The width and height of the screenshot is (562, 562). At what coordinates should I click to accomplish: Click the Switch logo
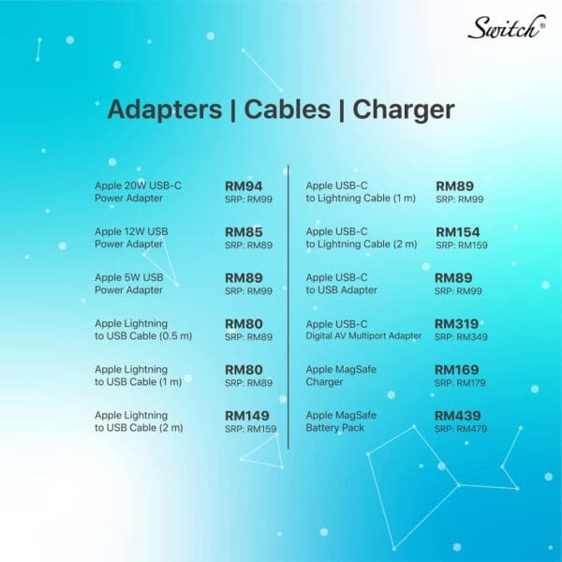507,27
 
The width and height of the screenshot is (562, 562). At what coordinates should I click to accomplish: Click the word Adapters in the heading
165,110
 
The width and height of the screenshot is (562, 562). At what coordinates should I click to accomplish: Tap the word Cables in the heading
288,110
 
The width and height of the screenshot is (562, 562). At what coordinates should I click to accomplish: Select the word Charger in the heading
404,111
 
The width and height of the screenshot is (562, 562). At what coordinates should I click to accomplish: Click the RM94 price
244,186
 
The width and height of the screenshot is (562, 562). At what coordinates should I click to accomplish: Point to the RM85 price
244,232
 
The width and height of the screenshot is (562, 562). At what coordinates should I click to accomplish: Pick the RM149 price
247,416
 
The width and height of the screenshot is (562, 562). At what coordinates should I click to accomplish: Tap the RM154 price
458,232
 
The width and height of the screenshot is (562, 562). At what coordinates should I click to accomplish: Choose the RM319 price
457,324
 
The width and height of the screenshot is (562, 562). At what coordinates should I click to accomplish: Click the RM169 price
457,370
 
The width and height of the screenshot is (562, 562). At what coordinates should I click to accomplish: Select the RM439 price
458,416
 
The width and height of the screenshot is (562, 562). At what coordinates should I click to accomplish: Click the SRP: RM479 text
461,429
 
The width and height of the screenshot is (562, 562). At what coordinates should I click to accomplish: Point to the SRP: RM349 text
461,337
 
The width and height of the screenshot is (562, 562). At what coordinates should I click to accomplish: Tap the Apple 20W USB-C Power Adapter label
138,192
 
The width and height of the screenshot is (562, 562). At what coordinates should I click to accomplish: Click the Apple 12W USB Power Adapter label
131,238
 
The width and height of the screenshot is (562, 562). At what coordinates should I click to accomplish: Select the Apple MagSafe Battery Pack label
341,421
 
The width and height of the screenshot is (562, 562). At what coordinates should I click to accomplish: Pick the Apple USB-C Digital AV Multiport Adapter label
363,330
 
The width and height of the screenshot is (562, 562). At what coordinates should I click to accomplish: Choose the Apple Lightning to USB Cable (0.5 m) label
143,330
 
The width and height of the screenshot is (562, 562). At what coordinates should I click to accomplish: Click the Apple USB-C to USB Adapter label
341,284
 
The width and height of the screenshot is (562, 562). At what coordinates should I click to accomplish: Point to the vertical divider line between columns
288,307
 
